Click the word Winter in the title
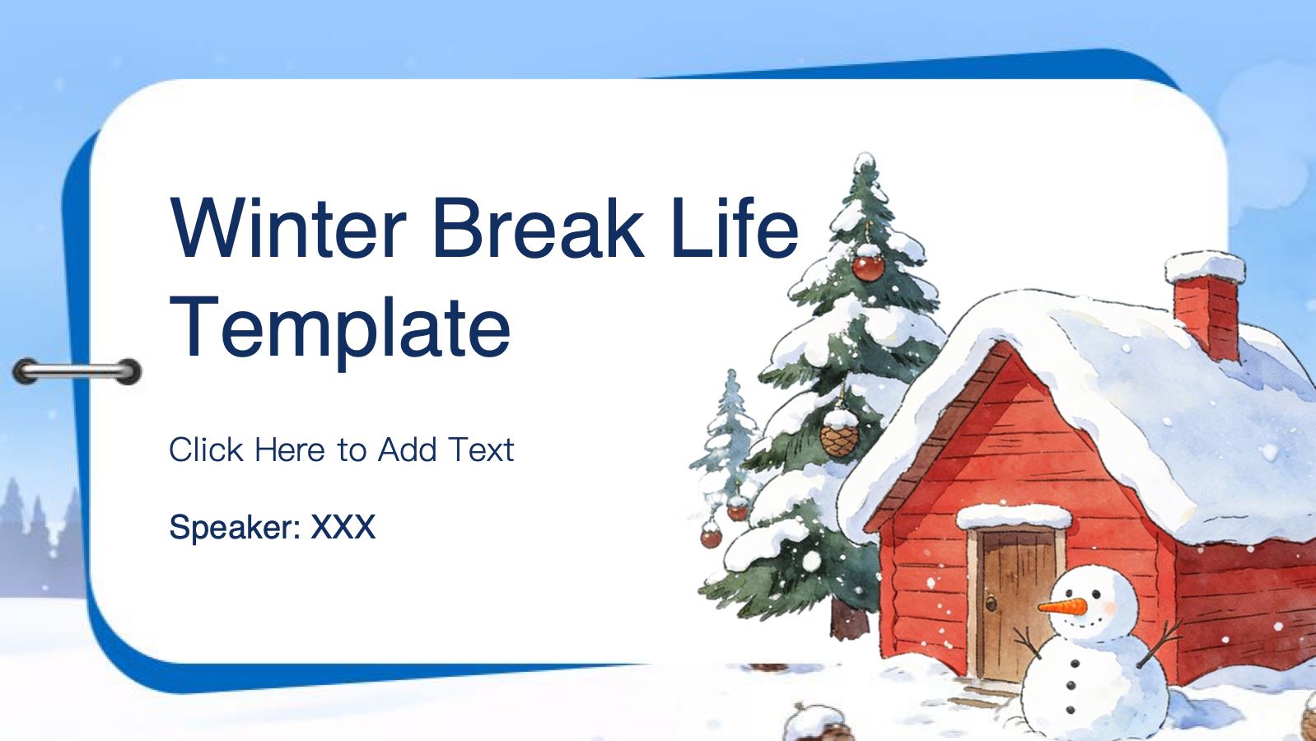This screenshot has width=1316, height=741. pos(288,228)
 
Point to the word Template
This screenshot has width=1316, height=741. pos(339,329)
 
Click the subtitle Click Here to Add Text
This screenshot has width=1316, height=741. pos(341,450)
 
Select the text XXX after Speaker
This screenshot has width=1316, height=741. pos(343,527)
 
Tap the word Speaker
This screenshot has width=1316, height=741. pos(235,528)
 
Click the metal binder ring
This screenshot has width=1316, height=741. pos(77,371)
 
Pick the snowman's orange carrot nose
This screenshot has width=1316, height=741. pos(1062,607)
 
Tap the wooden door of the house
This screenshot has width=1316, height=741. pos(1015,605)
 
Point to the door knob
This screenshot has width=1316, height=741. pos(991,603)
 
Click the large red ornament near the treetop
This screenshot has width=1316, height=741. pos(868,268)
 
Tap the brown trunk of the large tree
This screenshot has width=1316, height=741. pos(849,619)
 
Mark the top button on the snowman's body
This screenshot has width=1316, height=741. pos(1075,664)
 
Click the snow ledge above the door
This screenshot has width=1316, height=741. pos(1014,515)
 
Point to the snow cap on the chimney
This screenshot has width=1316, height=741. pos(1205,266)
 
